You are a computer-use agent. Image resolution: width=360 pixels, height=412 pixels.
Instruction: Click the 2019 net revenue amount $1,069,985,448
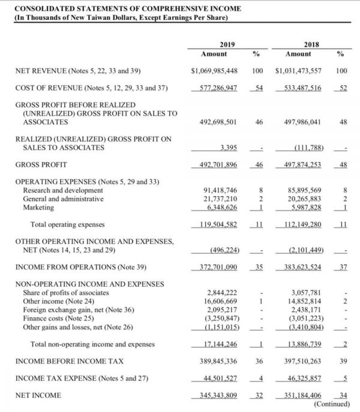[214, 71]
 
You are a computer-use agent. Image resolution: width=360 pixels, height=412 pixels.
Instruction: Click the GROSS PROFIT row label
[41, 164]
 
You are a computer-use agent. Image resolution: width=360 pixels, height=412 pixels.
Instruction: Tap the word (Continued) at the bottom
[331, 404]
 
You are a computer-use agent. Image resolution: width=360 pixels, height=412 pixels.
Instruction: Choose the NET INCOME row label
[37, 396]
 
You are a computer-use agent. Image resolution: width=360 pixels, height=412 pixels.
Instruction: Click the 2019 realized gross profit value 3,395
[229, 147]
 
